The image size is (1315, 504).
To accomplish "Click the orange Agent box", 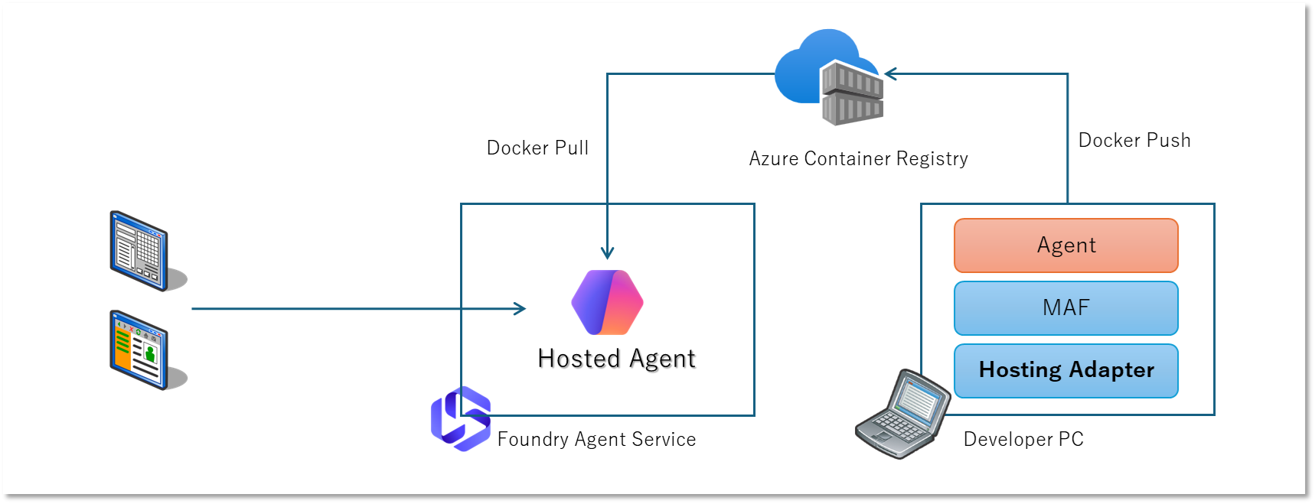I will [1065, 245].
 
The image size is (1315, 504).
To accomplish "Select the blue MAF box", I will [1065, 308].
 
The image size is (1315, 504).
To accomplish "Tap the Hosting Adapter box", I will [1065, 371].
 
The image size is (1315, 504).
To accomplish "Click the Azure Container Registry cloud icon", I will [830, 76].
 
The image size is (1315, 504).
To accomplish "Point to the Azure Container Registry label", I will [858, 158].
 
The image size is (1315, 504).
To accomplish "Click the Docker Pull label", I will [537, 148].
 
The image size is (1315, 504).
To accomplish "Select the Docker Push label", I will [1134, 140].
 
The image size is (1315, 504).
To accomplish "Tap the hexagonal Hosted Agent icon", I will [607, 302].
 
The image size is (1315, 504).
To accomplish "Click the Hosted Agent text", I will [616, 359].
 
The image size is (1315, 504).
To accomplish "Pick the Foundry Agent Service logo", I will [460, 418].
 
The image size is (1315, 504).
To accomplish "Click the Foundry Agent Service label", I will [596, 439].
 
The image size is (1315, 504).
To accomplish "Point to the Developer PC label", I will [1023, 439].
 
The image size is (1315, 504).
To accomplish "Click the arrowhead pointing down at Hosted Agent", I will [607, 253].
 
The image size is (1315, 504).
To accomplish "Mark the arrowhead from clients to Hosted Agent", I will [520, 308].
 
